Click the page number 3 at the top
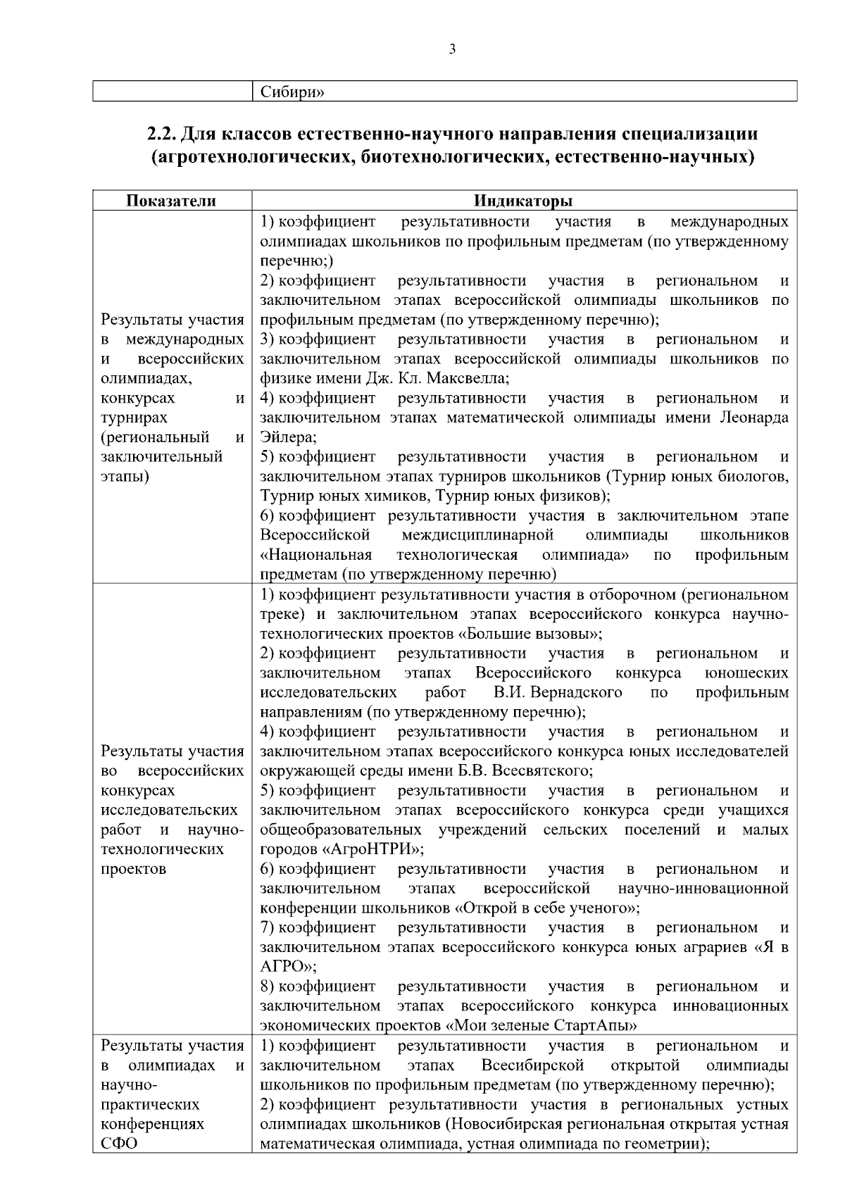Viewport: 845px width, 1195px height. (x=452, y=49)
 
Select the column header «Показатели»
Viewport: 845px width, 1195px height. (x=171, y=201)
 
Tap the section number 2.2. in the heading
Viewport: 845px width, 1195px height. (x=164, y=133)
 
